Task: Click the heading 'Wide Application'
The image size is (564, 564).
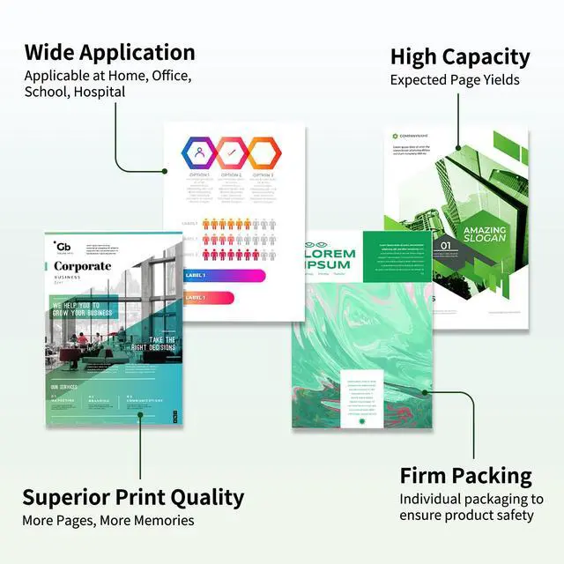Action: tap(109, 51)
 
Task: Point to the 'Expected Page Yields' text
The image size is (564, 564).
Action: tap(455, 80)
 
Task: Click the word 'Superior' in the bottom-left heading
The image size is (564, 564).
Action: tap(70, 497)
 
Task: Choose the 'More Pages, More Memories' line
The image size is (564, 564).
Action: tap(108, 520)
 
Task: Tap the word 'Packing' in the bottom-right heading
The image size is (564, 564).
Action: tap(493, 477)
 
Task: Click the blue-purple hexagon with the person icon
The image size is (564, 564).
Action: tap(200, 152)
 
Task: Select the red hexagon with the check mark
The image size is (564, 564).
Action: tap(232, 152)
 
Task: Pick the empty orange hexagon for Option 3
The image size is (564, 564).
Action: tap(263, 152)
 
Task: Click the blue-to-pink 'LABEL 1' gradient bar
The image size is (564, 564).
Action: tap(224, 275)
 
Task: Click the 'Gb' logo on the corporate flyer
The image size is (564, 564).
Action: tap(63, 246)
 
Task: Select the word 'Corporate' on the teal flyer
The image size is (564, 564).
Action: tap(83, 266)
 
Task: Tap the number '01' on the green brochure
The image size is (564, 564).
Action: tap(446, 246)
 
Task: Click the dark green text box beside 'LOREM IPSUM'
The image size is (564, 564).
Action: tap(398, 256)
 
